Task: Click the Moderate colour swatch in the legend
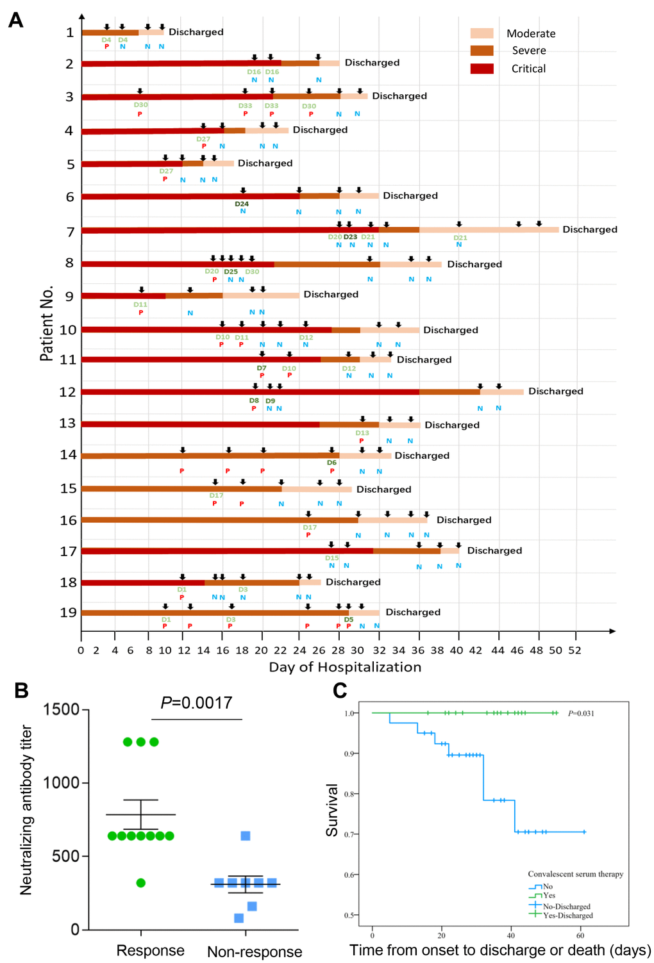click(482, 33)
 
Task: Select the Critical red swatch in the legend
click(482, 69)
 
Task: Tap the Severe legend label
click(529, 51)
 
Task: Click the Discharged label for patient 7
click(590, 229)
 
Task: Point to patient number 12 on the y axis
click(67, 392)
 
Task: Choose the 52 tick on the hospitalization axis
click(575, 650)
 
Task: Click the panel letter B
click(21, 691)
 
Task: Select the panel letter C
click(340, 691)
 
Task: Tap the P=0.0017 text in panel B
click(196, 703)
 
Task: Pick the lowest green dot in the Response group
click(141, 883)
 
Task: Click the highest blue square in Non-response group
click(246, 835)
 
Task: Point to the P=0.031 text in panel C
click(581, 713)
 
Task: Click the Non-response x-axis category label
click(255, 952)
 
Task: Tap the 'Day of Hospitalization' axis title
click(345, 667)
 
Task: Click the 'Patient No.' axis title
click(46, 324)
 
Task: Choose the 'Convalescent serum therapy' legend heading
click(575, 874)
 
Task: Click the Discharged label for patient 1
click(196, 32)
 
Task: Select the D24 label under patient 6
click(242, 204)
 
